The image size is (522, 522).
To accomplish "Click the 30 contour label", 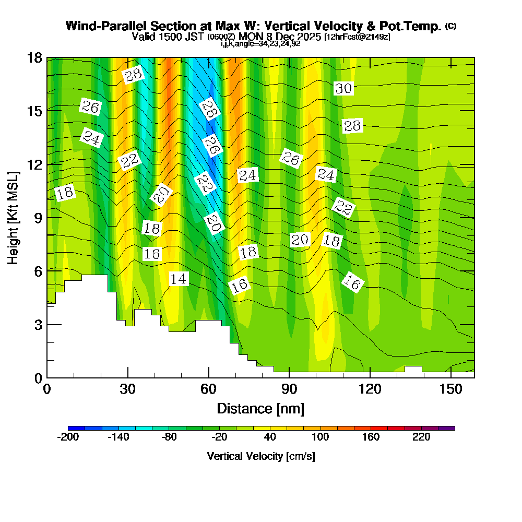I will point(343,89).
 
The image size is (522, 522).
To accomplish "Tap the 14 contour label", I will point(179,279).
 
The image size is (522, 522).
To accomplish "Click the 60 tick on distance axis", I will point(208,389).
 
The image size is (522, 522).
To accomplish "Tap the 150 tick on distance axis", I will point(450,389).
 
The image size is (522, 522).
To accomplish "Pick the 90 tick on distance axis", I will point(289,389).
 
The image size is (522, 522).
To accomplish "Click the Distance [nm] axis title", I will point(260,408).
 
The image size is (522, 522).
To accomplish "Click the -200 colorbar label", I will point(68,437).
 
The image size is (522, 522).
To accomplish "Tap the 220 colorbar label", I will point(421,437).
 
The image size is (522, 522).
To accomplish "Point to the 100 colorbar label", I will point(321,437).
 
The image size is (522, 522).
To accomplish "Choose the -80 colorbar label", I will point(169,437).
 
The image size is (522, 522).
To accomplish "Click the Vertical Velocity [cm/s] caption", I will point(260,456).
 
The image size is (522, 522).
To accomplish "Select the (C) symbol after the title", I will point(450,26).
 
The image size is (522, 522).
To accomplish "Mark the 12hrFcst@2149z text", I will point(357,37).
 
